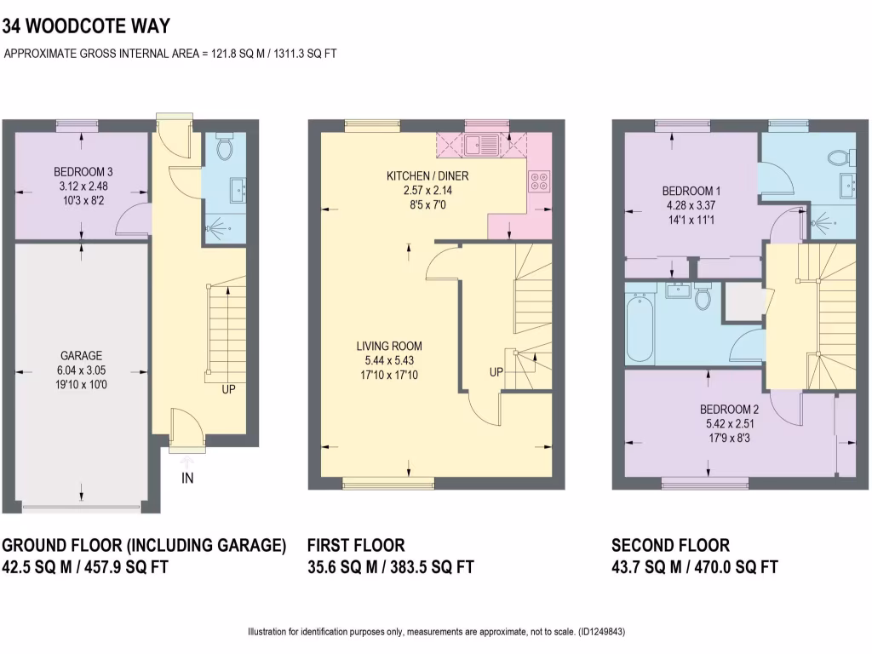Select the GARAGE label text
click(82, 356)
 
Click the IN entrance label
click(187, 479)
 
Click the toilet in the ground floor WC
click(225, 148)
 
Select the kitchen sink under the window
click(483, 146)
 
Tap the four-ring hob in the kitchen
click(539, 180)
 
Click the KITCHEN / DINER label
click(439, 176)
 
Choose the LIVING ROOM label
click(389, 347)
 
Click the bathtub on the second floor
click(640, 328)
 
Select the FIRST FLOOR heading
click(356, 546)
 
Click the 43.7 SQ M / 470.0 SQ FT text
click(695, 567)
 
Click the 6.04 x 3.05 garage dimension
click(82, 370)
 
